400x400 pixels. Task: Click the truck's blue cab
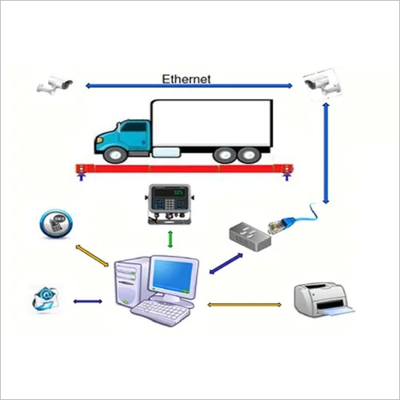pyautogui.click(x=124, y=136)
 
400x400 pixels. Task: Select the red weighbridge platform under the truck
pyautogui.click(x=183, y=168)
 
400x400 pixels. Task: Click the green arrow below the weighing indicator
pyautogui.click(x=169, y=238)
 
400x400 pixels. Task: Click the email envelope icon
pyautogui.click(x=45, y=298)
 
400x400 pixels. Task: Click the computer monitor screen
pyautogui.click(x=174, y=276)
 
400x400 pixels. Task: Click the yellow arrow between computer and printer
pyautogui.click(x=244, y=305)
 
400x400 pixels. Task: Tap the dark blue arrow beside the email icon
pyautogui.click(x=87, y=301)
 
